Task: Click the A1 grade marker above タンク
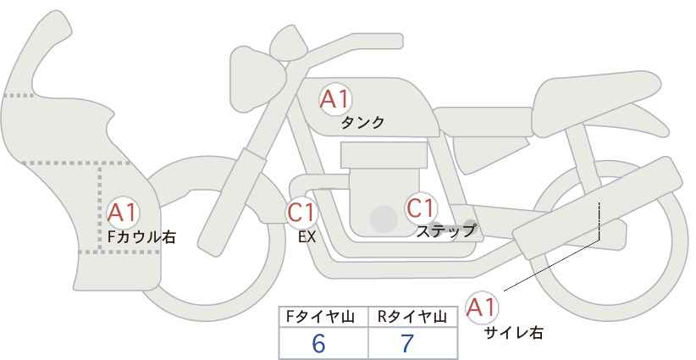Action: (335, 99)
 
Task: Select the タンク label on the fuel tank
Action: (362, 123)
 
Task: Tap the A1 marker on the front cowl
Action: (124, 213)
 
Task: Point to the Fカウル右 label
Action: (141, 238)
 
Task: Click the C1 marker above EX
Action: (301, 212)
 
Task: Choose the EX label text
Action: (307, 237)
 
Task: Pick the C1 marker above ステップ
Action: (421, 208)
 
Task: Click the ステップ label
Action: (446, 230)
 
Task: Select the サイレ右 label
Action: (513, 333)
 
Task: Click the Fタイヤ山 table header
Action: (323, 317)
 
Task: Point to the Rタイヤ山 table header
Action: (412, 317)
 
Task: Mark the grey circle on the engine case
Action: (384, 219)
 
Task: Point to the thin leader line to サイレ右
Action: (550, 265)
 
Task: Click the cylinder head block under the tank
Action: (382, 156)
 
